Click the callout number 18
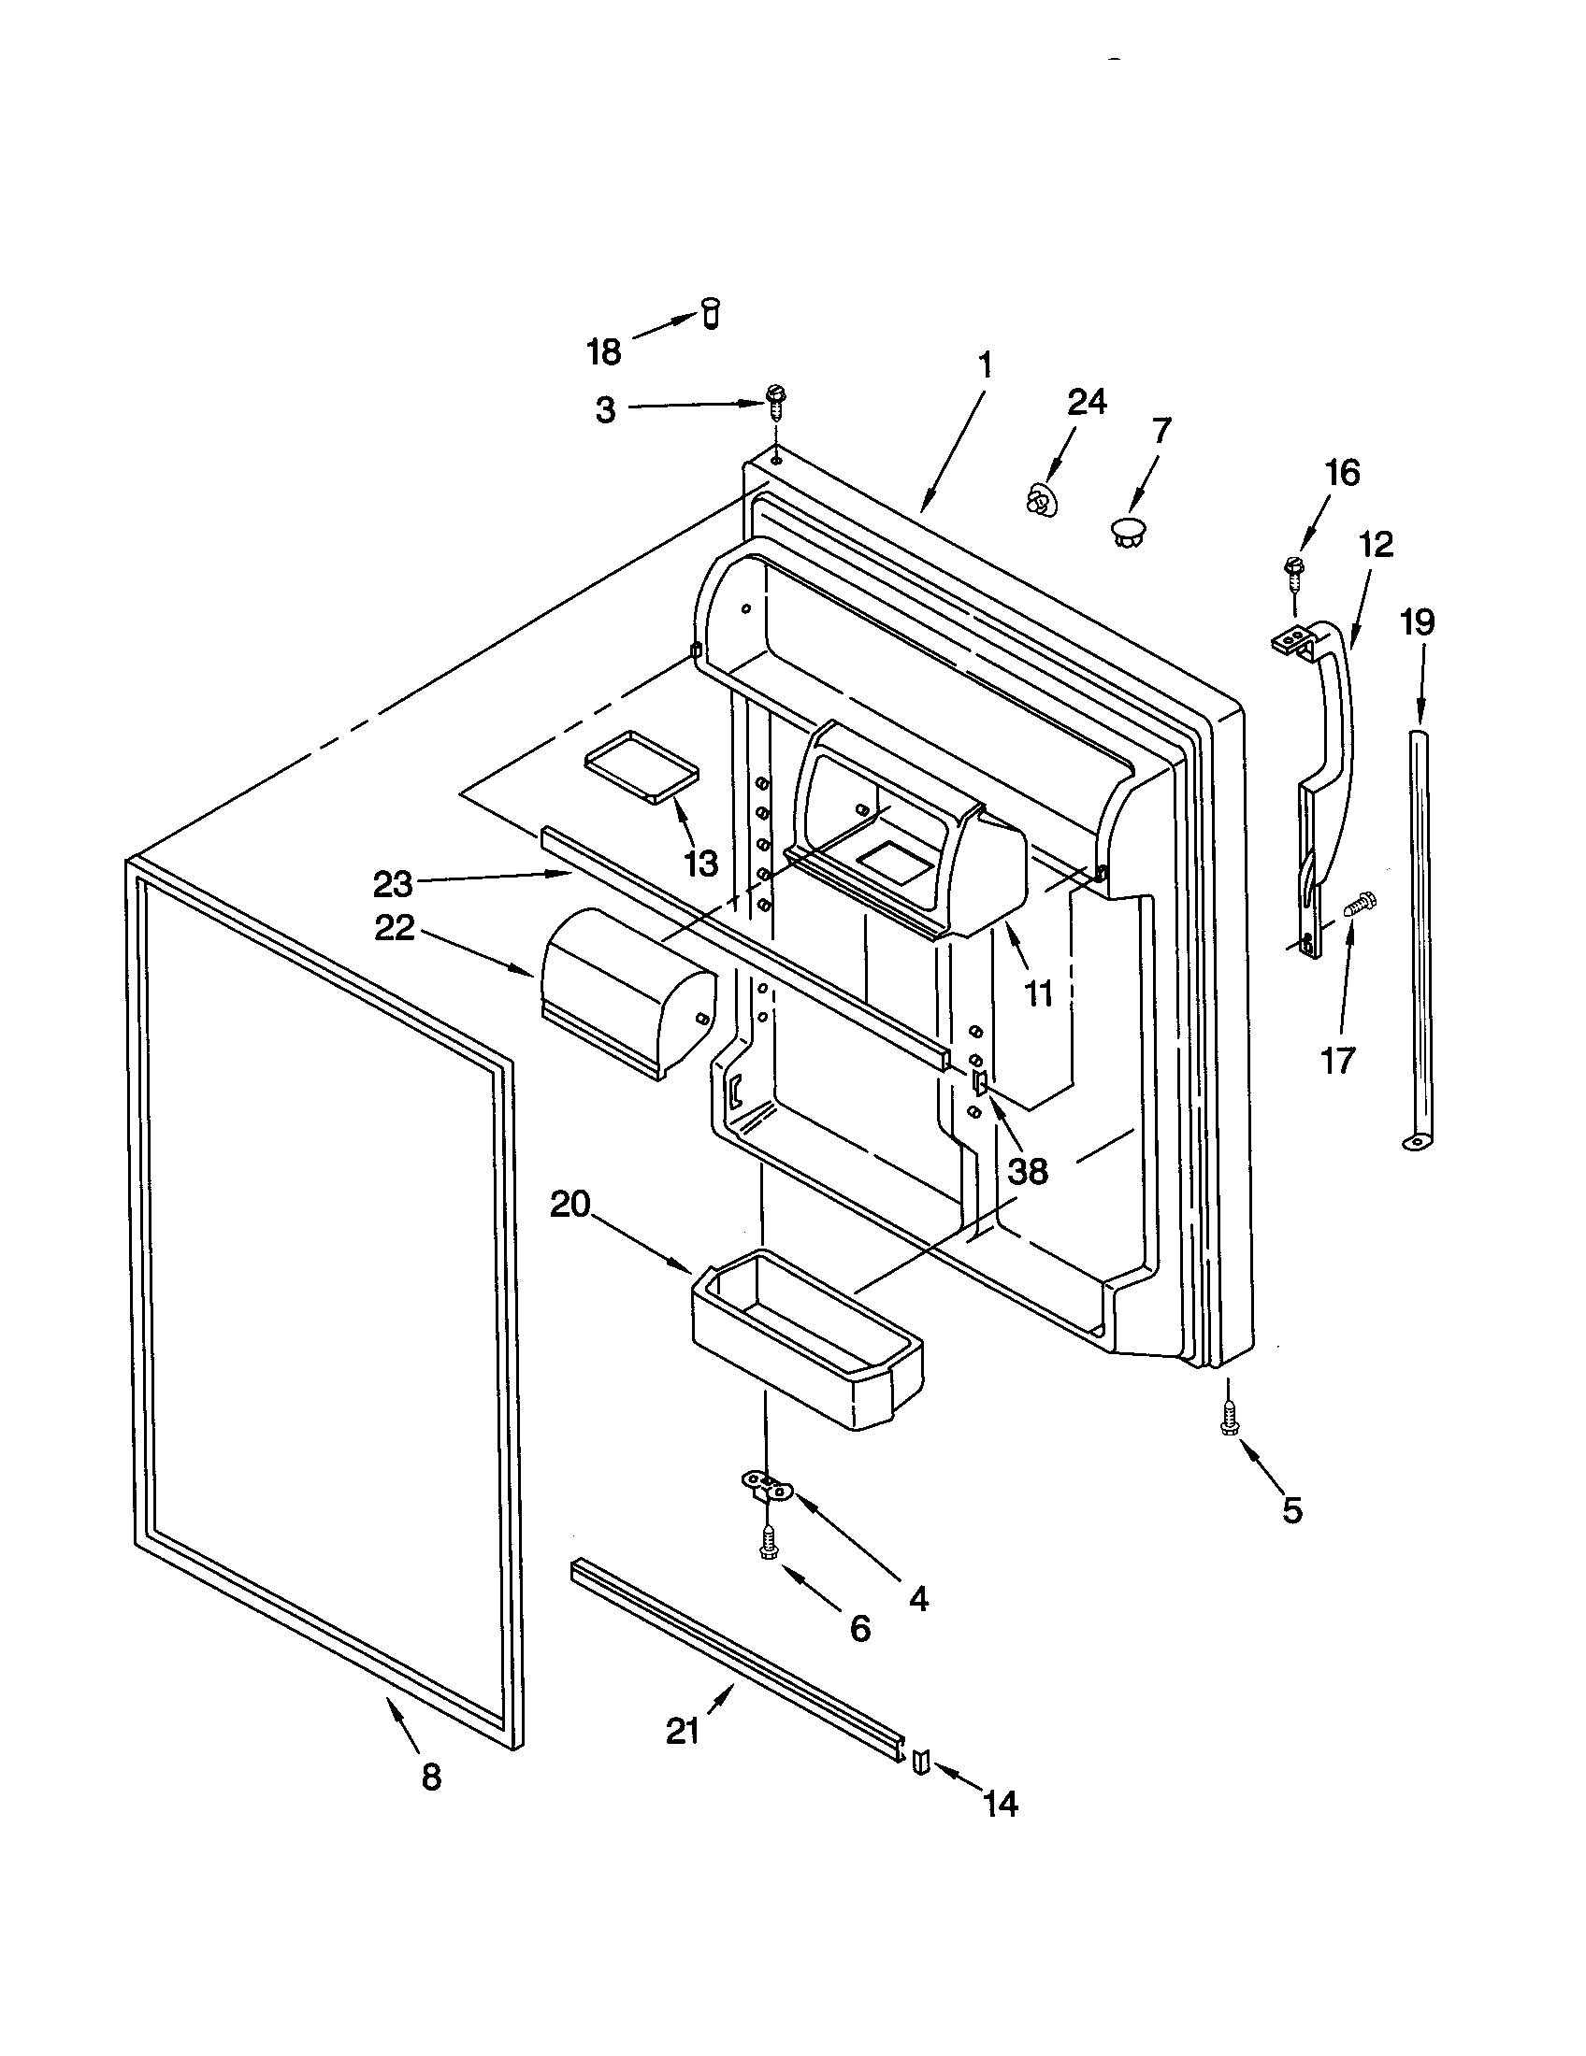pos(604,353)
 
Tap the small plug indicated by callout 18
pos(711,311)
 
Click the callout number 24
pos(1087,402)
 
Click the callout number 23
pos(393,884)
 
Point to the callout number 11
pos(1038,992)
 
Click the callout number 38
pos(1028,1171)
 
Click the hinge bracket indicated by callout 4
pos(768,1487)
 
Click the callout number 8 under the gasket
pos(431,1778)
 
